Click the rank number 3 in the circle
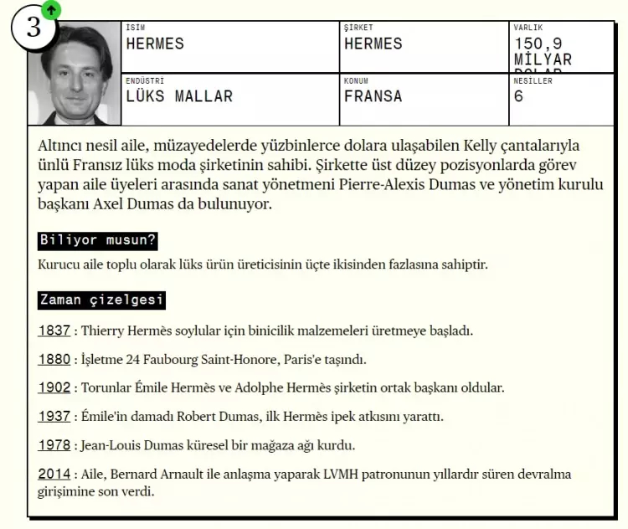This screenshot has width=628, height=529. tap(33, 27)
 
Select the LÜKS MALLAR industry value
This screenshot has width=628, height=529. tap(179, 96)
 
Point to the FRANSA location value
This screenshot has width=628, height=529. tap(373, 96)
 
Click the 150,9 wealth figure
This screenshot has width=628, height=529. tap(543, 44)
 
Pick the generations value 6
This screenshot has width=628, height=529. tap(519, 96)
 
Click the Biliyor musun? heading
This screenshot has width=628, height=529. tap(98, 241)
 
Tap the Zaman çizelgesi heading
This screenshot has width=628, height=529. tap(101, 300)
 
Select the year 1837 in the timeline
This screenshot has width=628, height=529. tap(54, 331)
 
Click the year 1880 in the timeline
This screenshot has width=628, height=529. tap(54, 360)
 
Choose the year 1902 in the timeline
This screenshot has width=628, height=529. tap(54, 388)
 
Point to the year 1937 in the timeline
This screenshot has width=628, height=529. tap(54, 417)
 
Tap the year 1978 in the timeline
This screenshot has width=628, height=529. tap(54, 445)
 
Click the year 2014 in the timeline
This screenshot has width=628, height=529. tap(54, 475)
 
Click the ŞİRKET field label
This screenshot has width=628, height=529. tap(358, 28)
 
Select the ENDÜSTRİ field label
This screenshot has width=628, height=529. tap(145, 81)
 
